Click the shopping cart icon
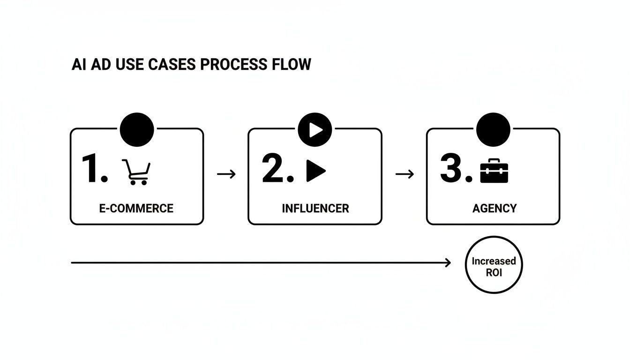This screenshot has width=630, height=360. coord(136,172)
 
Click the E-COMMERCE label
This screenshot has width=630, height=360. coord(136,208)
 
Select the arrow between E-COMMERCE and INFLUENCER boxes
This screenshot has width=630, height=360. coord(226,174)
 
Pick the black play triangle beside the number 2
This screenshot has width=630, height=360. coord(315,171)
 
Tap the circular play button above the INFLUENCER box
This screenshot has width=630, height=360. coord(315,129)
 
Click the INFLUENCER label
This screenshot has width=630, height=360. coord(315,208)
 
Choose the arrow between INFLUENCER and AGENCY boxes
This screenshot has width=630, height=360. coord(405,174)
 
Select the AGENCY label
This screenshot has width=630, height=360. coord(494,208)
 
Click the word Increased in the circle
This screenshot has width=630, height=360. coord(494,261)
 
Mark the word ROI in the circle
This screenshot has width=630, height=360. coord(494,272)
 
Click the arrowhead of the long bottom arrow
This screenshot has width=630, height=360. coord(448,263)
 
